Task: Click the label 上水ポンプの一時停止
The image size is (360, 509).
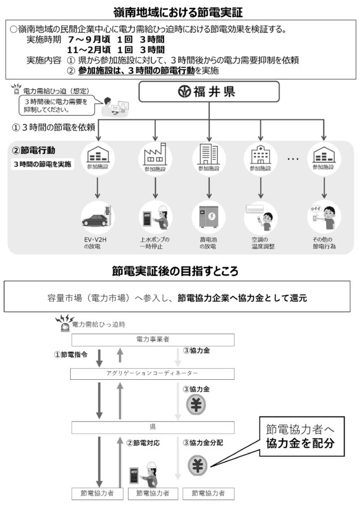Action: click(x=155, y=243)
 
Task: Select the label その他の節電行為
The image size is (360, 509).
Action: click(x=324, y=243)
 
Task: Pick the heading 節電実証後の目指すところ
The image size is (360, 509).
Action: click(x=180, y=271)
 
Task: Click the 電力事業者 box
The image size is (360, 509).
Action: click(x=153, y=339)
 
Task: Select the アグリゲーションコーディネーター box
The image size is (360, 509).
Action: click(x=153, y=373)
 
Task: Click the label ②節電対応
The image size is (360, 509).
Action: click(x=143, y=441)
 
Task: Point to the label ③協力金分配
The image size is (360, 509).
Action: click(x=203, y=441)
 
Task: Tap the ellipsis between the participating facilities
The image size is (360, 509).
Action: click(x=293, y=159)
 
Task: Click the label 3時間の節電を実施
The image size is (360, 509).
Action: click(x=43, y=164)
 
